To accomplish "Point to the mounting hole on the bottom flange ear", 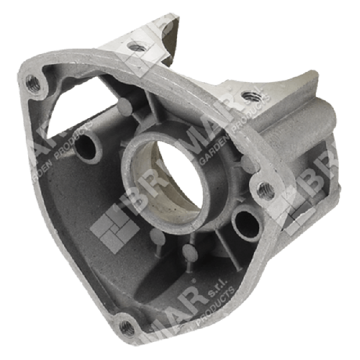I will point(125,328).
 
